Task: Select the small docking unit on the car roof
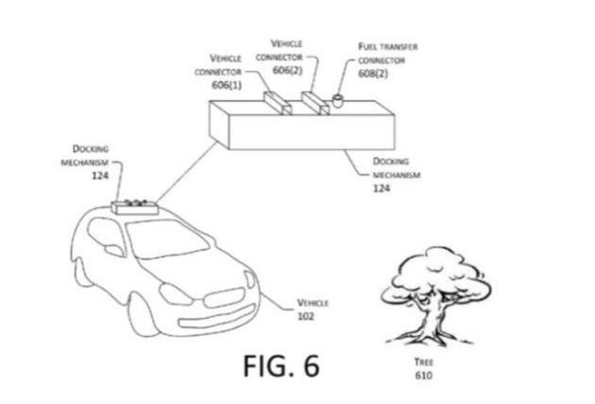pos(133,205)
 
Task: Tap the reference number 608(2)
pos(376,72)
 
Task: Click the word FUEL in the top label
pos(369,44)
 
